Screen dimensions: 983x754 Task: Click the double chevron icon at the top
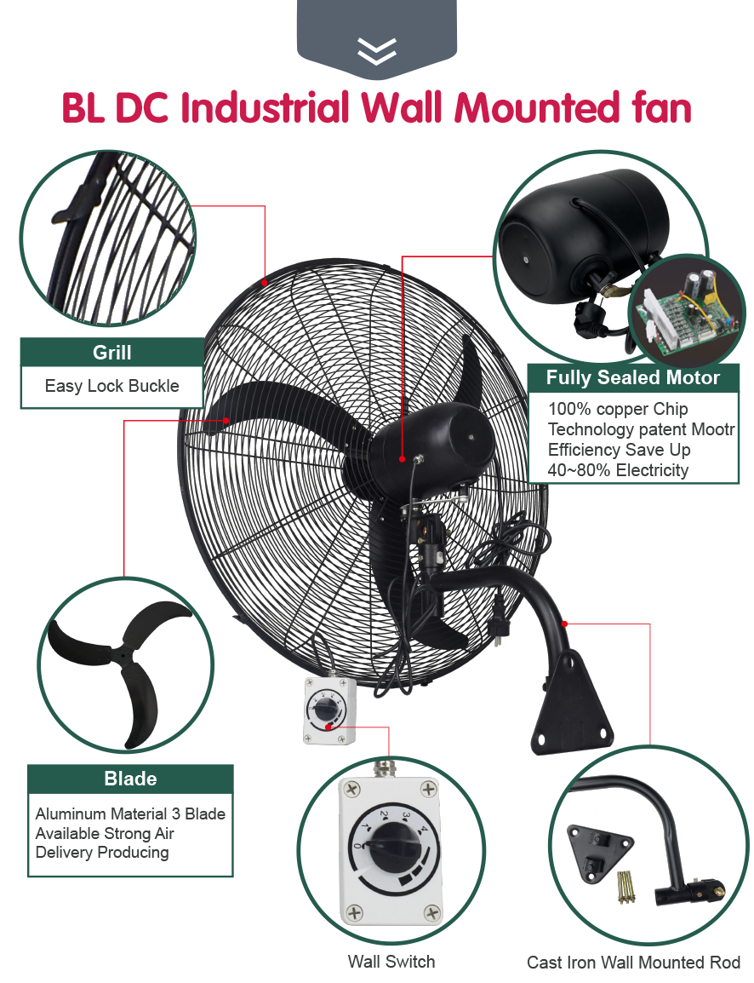377,51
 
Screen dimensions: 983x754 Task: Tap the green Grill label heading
111,352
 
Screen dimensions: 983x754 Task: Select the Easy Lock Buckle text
111,386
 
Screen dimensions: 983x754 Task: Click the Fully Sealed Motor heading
632,377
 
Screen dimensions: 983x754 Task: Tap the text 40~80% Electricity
618,470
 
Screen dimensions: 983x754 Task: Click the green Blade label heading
130,779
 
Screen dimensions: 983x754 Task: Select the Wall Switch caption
391,962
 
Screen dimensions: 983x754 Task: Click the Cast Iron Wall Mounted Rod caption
633,963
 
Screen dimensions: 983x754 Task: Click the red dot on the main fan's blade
226,420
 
